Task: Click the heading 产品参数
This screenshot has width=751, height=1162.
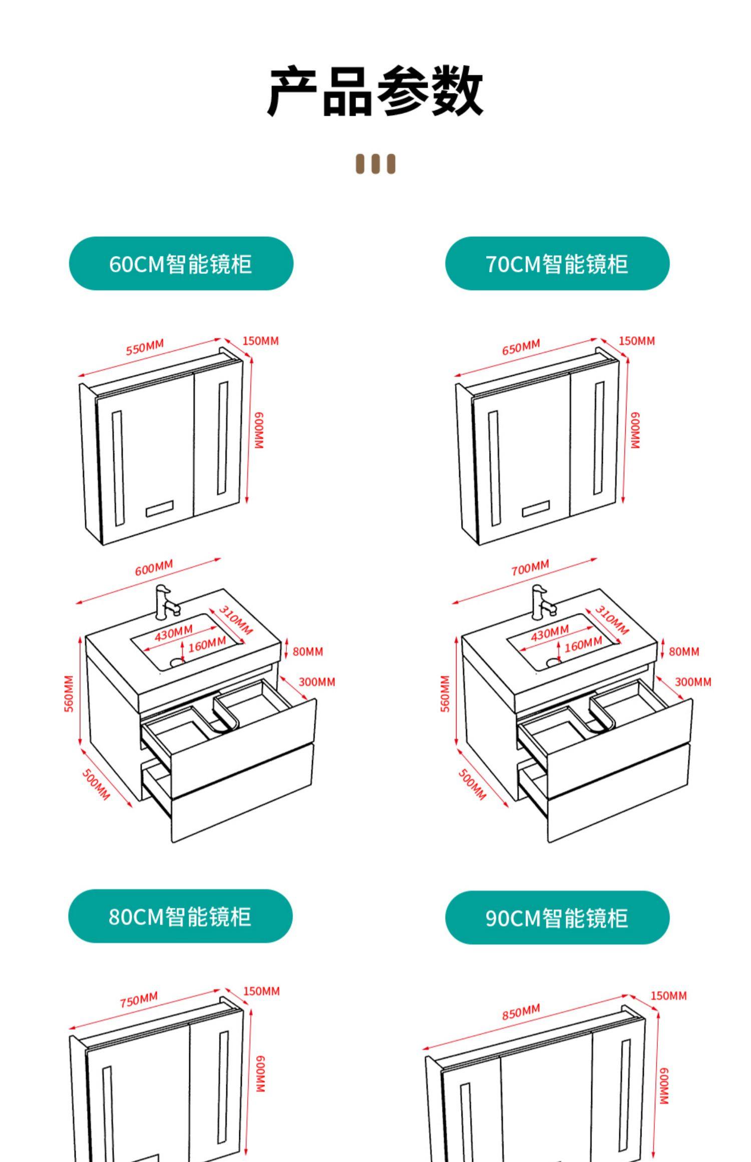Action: [375, 91]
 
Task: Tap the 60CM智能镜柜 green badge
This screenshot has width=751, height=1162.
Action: [181, 264]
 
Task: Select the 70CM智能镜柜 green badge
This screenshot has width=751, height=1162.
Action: [557, 264]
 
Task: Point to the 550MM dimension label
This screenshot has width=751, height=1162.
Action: [145, 347]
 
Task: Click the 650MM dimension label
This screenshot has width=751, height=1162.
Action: [521, 347]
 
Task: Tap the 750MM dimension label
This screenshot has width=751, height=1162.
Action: [139, 999]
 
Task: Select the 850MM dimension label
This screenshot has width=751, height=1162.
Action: [521, 1011]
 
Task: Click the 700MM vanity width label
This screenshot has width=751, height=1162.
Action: [530, 568]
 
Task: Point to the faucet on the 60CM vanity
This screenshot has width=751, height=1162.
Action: [165, 602]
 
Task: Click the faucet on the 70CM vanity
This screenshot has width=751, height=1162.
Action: [542, 602]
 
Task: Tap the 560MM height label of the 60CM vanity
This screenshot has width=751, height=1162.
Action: [69, 693]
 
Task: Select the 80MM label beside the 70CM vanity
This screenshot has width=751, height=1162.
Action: [684, 652]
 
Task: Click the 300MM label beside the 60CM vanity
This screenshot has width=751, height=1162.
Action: [317, 682]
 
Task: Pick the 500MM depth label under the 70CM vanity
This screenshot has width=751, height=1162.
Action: [472, 784]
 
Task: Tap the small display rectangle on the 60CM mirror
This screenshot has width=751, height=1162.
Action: [159, 508]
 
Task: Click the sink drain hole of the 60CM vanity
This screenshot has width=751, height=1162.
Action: [177, 662]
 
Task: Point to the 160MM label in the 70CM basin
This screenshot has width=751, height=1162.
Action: [583, 645]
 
